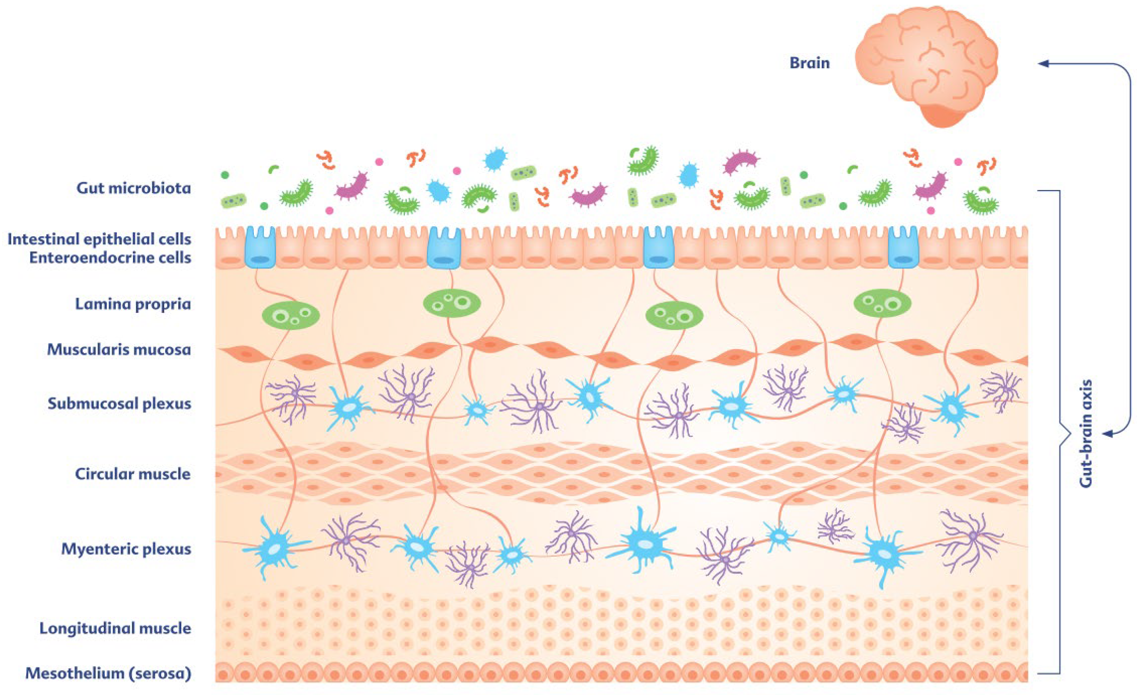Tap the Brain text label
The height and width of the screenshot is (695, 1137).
click(809, 63)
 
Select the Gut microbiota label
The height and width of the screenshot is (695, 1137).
click(133, 188)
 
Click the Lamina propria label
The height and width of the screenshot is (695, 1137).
click(133, 304)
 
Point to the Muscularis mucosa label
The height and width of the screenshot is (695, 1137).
click(119, 349)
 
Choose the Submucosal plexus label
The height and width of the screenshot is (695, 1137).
click(119, 404)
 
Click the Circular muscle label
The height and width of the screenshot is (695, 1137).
click(133, 474)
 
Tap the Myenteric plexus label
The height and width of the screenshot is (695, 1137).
click(126, 549)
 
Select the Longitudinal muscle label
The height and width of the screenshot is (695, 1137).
click(115, 628)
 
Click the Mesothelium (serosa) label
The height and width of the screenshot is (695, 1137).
click(108, 673)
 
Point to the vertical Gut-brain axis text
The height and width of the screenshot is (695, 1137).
click(1086, 434)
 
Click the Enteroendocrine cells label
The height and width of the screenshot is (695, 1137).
click(110, 257)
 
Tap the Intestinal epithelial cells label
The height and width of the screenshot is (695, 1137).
click(99, 239)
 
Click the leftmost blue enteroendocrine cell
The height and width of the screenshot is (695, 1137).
click(260, 247)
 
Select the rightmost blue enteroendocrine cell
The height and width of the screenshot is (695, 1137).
click(903, 247)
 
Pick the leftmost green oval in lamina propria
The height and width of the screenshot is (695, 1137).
click(291, 315)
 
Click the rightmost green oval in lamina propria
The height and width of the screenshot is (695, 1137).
click(882, 304)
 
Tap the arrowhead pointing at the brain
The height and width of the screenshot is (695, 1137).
click(1043, 63)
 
